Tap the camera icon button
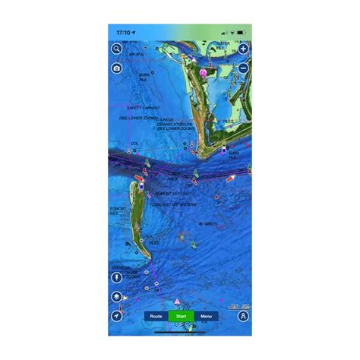click(x=116, y=68)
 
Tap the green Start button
click(x=180, y=315)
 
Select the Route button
click(x=156, y=315)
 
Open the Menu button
click(x=204, y=315)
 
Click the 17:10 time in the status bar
click(x=124, y=33)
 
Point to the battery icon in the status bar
click(x=242, y=33)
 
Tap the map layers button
click(x=116, y=297)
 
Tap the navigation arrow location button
click(x=116, y=315)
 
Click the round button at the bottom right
click(x=243, y=315)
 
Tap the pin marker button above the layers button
click(x=116, y=278)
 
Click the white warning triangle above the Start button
click(x=177, y=302)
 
